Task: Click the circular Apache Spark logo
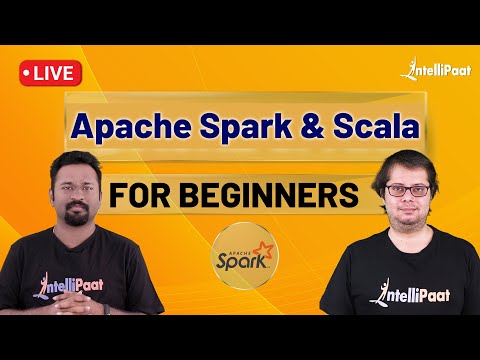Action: click(x=240, y=258)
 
